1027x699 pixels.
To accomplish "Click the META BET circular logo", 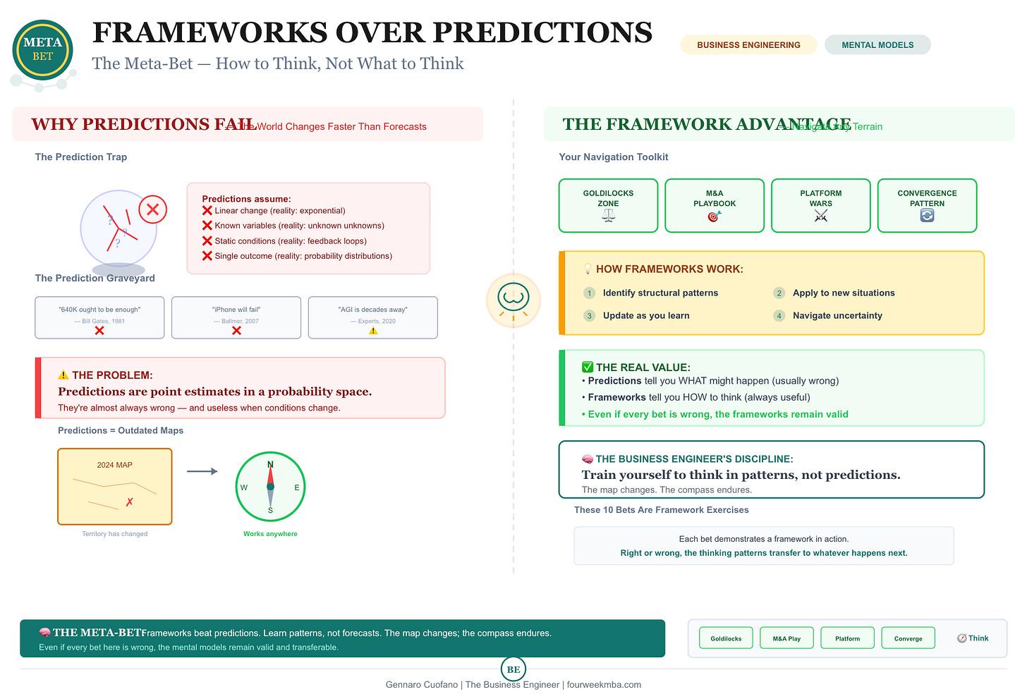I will click(42, 49).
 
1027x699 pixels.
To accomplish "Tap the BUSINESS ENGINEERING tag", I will click(748, 45).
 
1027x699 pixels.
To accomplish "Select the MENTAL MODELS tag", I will click(877, 45).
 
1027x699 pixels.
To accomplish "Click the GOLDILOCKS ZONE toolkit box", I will click(608, 205).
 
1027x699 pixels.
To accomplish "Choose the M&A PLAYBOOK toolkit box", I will click(715, 205).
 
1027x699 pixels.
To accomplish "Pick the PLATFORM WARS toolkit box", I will click(820, 205).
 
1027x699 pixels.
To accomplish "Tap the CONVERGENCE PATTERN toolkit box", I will click(927, 205).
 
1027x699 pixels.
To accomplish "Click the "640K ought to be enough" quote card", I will click(99, 317).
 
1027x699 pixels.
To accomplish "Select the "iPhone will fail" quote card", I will click(236, 317).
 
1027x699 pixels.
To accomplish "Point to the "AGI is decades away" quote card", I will click(372, 317).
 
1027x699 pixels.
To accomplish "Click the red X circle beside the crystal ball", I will click(152, 209).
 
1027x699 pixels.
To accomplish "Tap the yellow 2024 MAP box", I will click(115, 487).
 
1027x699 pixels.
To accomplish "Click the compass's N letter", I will click(270, 464).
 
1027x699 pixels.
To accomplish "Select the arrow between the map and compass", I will click(202, 471).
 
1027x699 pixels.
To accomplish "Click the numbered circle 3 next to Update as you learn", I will click(590, 316).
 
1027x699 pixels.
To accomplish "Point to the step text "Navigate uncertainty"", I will click(837, 316).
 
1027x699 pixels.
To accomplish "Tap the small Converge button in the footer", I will click(908, 638).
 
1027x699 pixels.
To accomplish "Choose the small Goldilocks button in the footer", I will click(726, 638).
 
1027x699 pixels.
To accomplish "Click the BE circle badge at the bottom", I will click(513, 669).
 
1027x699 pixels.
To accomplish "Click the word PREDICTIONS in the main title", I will click(542, 32).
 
